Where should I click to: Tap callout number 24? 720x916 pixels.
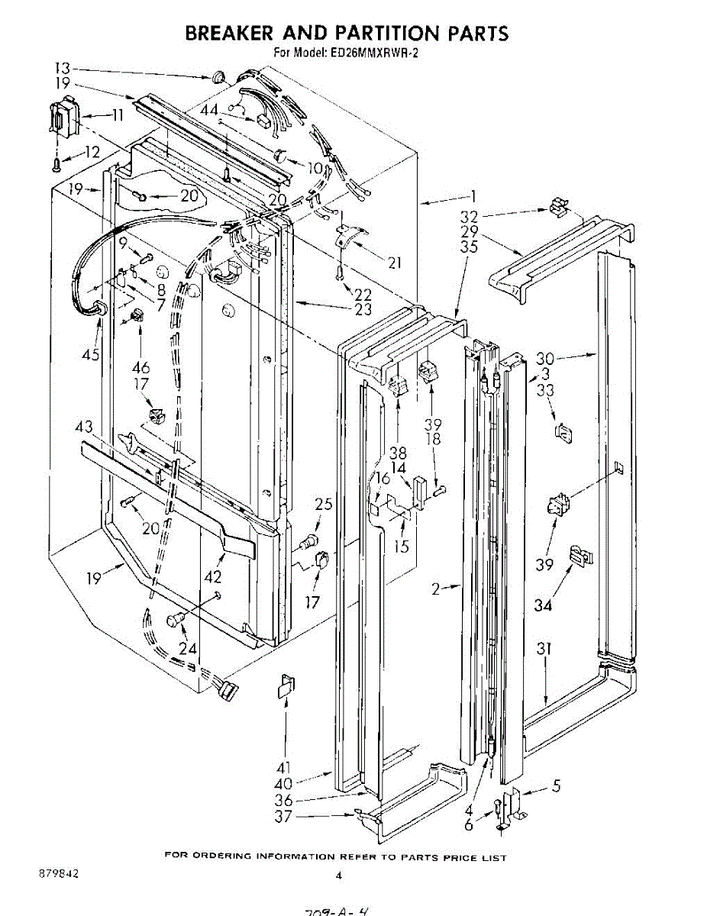click(187, 649)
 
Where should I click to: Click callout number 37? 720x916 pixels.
click(283, 816)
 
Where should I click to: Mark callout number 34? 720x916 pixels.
click(542, 605)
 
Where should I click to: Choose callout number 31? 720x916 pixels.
click(544, 650)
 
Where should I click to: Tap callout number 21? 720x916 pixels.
click(394, 263)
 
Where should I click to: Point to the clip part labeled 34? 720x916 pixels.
click(581, 556)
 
